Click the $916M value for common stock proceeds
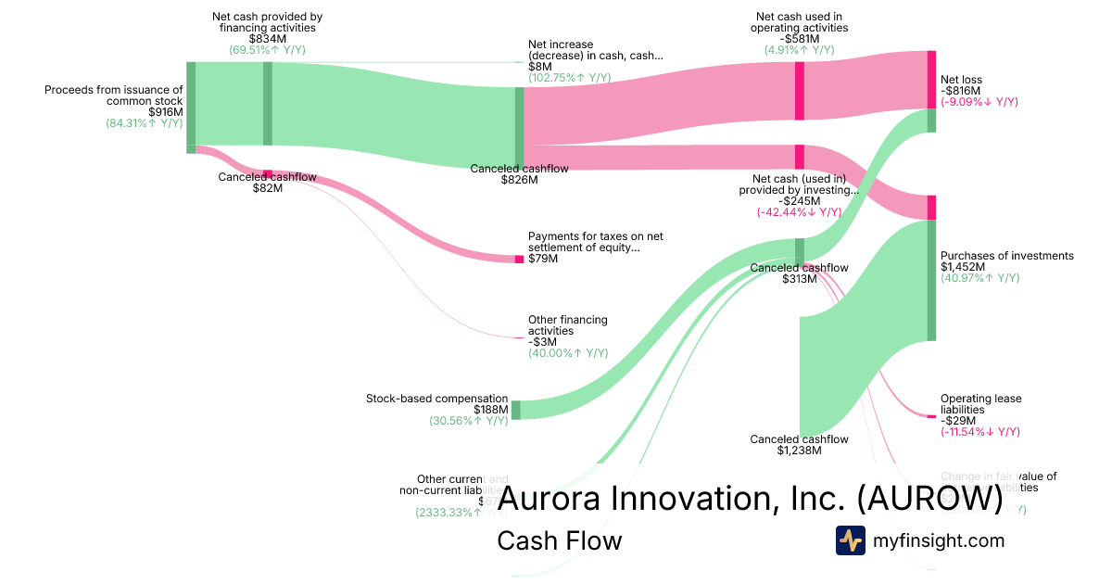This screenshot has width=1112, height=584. tap(165, 112)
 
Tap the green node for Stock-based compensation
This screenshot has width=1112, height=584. tap(516, 410)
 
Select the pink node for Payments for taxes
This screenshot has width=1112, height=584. tap(519, 259)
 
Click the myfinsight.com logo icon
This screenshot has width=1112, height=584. tap(850, 540)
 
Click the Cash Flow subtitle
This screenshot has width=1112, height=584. tap(559, 540)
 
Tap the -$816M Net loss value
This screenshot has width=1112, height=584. tap(960, 91)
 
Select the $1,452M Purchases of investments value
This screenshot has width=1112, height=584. tap(963, 267)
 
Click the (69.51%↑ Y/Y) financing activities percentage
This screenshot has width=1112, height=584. tap(267, 50)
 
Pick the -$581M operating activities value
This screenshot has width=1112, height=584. tap(799, 39)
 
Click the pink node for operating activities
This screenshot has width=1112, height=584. tap(799, 91)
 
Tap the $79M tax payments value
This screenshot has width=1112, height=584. tap(543, 259)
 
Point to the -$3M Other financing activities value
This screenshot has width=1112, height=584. tap(541, 342)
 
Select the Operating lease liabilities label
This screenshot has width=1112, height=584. tap(980, 404)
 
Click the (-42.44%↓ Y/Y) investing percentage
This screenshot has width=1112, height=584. tap(799, 212)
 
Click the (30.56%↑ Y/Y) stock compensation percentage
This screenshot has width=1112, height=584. tap(468, 421)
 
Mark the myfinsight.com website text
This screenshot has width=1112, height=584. tap(937, 540)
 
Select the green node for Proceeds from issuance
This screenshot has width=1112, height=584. tap(191, 103)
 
